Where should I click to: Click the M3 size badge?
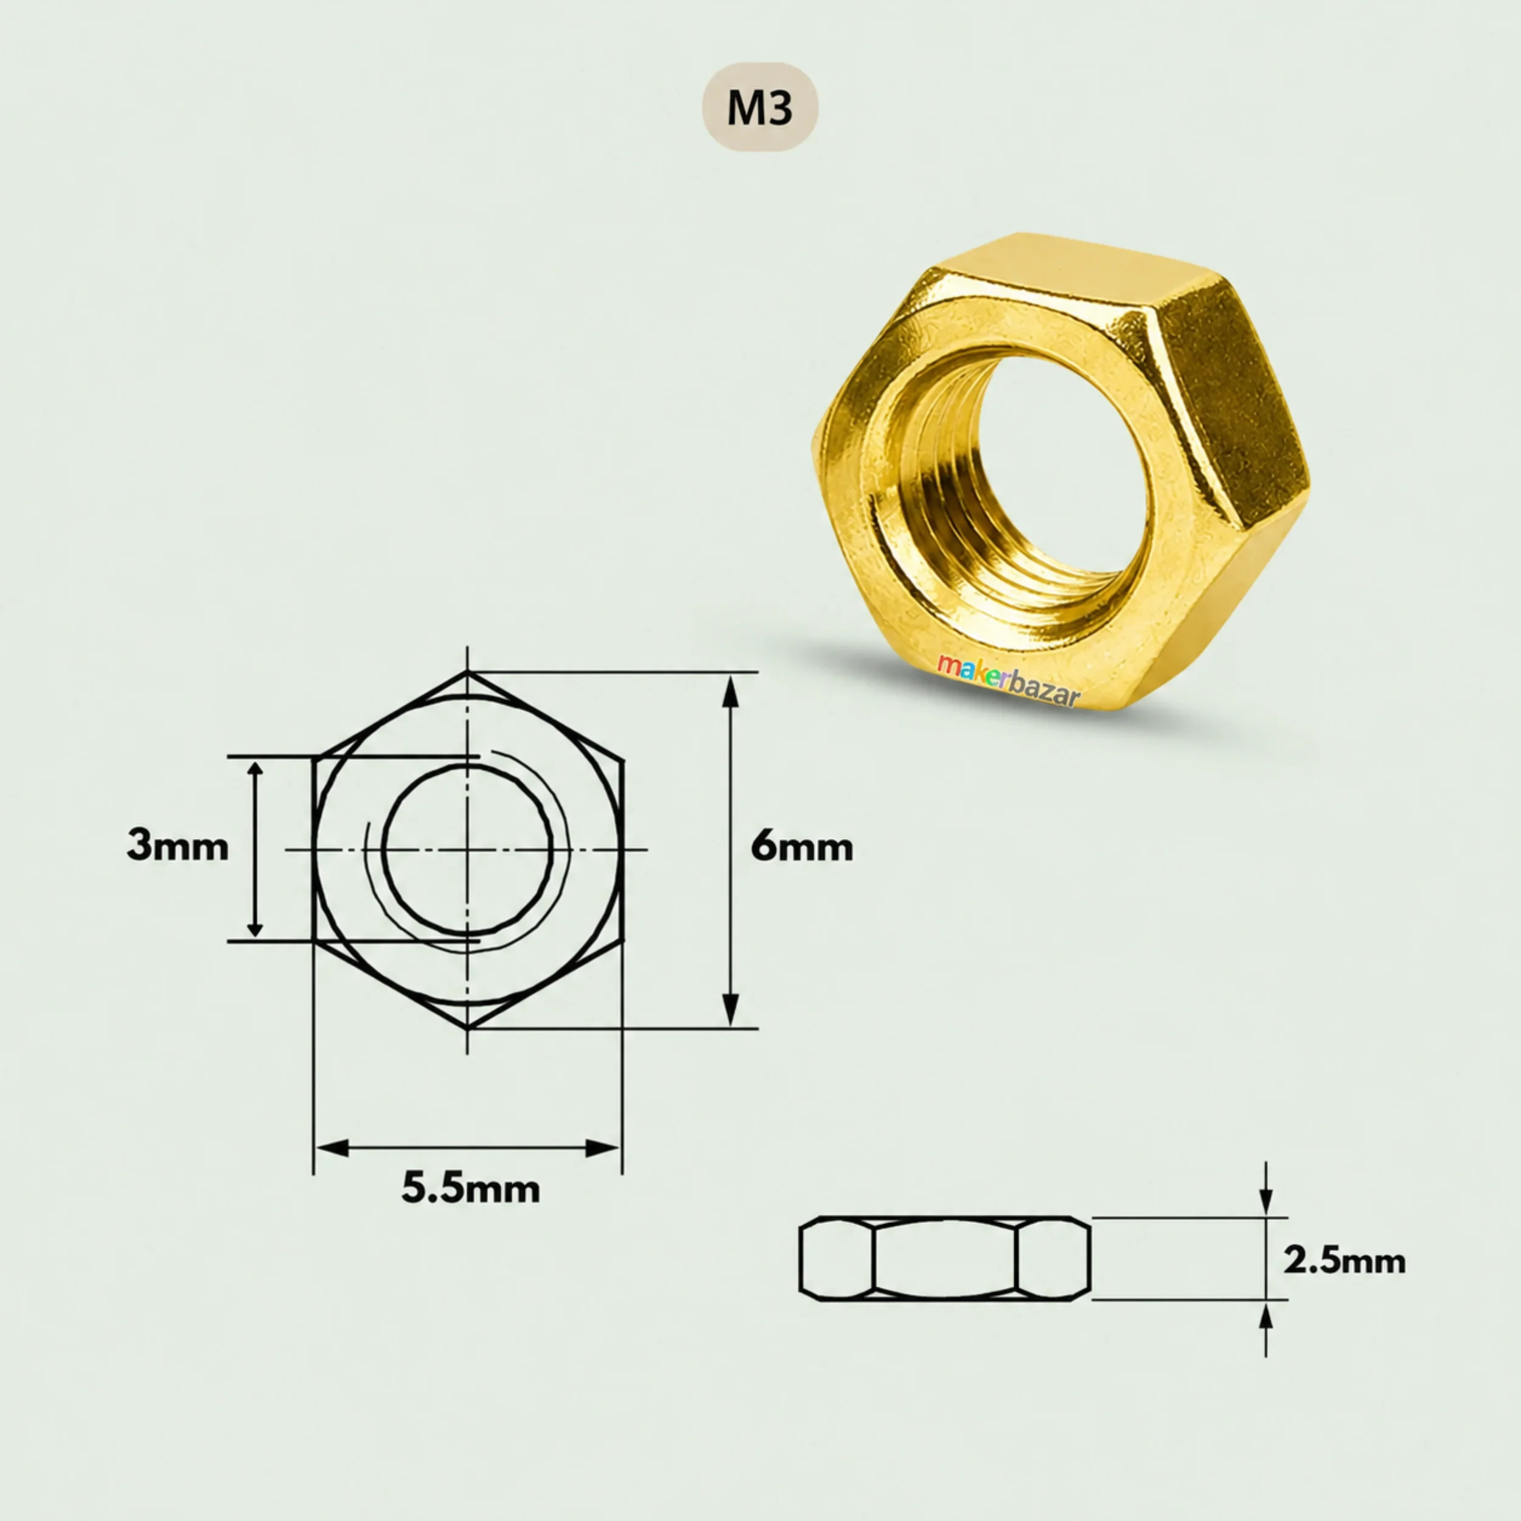tap(760, 107)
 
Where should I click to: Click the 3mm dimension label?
tap(178, 847)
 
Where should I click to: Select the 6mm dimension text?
tap(801, 847)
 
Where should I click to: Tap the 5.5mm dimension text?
tap(471, 1188)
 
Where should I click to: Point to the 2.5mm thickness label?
tap(1344, 1261)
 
